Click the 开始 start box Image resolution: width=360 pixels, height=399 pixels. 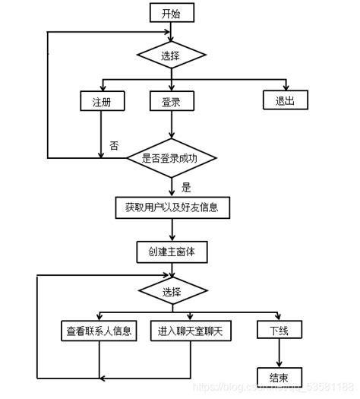point(171,14)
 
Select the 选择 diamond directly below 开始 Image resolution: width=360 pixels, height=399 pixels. point(171,55)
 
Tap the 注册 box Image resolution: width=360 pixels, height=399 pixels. point(101,100)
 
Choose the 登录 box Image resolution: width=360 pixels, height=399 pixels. point(171,100)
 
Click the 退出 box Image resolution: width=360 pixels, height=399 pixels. point(286,100)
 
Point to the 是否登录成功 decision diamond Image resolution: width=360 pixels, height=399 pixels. point(171,158)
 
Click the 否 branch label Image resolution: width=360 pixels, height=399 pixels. point(114,145)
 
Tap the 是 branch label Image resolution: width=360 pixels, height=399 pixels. point(186,185)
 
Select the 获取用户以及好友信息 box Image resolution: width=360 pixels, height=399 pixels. point(171,206)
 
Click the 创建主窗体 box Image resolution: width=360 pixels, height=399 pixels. point(171,251)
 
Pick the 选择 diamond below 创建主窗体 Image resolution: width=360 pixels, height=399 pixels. point(171,292)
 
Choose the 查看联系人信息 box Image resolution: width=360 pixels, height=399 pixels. point(99,331)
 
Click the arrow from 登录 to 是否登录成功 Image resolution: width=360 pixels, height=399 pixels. point(171,125)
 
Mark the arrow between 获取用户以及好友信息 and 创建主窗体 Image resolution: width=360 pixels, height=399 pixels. point(171,229)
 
